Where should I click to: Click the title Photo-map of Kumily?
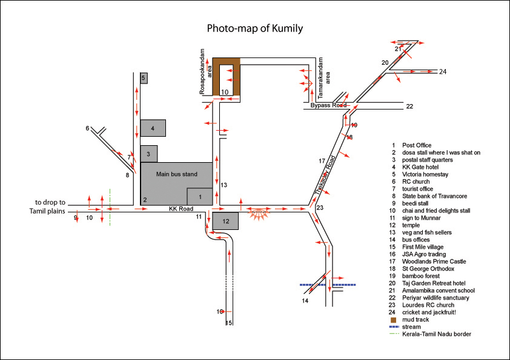coord(255,28)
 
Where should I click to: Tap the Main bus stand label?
coord(177,174)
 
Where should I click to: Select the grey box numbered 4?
coord(153,128)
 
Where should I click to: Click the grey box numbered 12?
coord(225,221)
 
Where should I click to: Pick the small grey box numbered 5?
coord(144,78)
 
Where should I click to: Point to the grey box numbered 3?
coord(149,154)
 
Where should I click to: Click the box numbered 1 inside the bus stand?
coord(200,197)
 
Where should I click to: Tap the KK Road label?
coord(181,209)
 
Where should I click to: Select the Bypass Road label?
coord(328,105)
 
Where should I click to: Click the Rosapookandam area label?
coord(205,71)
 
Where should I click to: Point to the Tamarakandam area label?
coord(324,78)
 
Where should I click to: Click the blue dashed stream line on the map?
coord(328,285)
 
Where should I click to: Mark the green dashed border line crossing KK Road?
coord(110,207)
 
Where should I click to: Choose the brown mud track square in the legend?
coord(393,320)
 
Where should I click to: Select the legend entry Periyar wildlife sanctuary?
coord(435,298)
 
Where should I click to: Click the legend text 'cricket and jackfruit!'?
coord(429,312)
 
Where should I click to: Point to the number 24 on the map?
coord(443,71)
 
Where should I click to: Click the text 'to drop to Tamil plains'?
coord(47,207)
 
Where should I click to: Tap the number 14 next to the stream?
coord(305,301)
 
